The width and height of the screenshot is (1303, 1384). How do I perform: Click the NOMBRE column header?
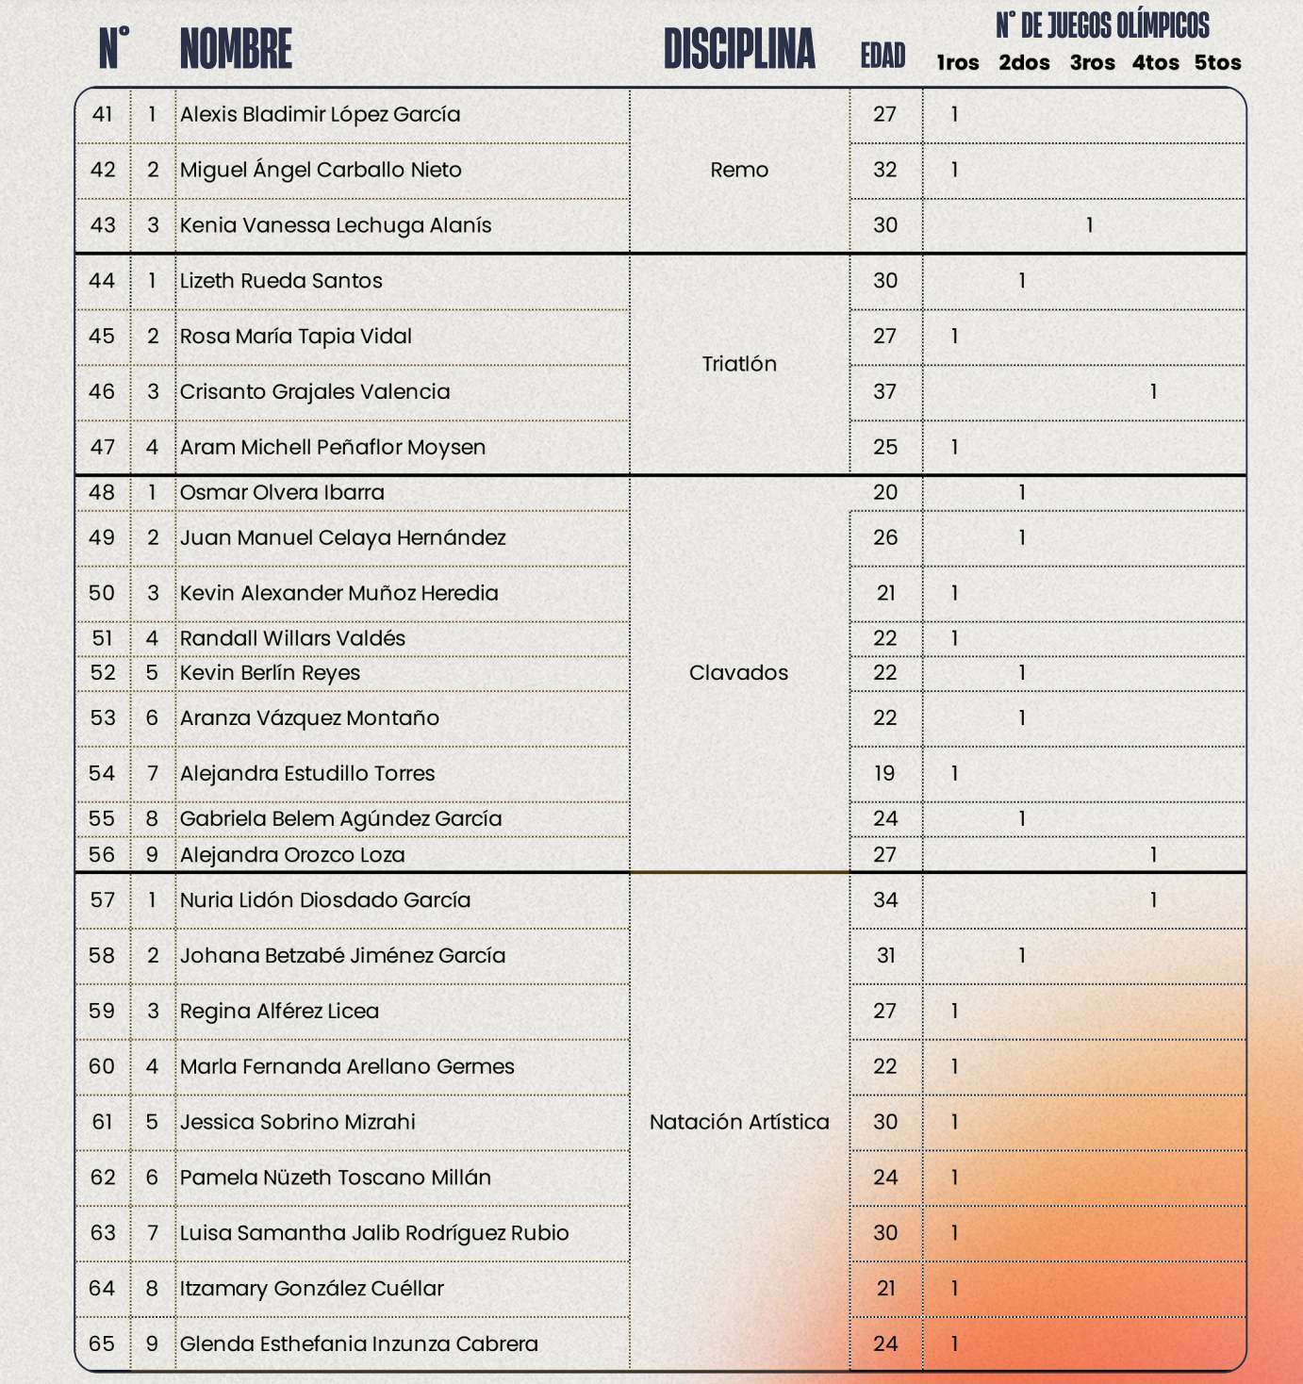236,49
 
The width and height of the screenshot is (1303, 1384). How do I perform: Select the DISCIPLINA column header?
739,49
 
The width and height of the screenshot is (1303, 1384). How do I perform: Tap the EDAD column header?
882,56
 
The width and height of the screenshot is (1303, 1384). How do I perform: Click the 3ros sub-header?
1092,63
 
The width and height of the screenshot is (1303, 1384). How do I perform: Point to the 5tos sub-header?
1217,63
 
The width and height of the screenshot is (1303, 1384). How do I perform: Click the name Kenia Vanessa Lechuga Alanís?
336,225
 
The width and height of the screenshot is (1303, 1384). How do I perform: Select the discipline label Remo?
739,170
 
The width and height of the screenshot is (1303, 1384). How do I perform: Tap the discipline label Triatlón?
739,364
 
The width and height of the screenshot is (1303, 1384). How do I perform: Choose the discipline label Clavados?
738,673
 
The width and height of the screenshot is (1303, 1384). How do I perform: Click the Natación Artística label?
739,1122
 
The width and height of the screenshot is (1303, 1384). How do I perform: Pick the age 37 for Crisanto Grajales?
884,391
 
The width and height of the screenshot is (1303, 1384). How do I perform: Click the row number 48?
102,492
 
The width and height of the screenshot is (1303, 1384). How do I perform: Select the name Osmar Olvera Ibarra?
282,492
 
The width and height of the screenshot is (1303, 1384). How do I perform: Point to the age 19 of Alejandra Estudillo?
884,773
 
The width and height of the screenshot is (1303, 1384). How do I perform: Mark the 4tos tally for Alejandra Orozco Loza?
1153,855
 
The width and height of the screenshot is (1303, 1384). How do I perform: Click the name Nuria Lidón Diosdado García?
325,900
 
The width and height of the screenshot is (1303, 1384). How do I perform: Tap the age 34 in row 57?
885,900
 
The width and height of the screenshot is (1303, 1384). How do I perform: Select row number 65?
102,1343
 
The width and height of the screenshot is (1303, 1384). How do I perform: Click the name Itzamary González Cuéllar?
311,1289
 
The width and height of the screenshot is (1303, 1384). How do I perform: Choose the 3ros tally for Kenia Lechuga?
1090,225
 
